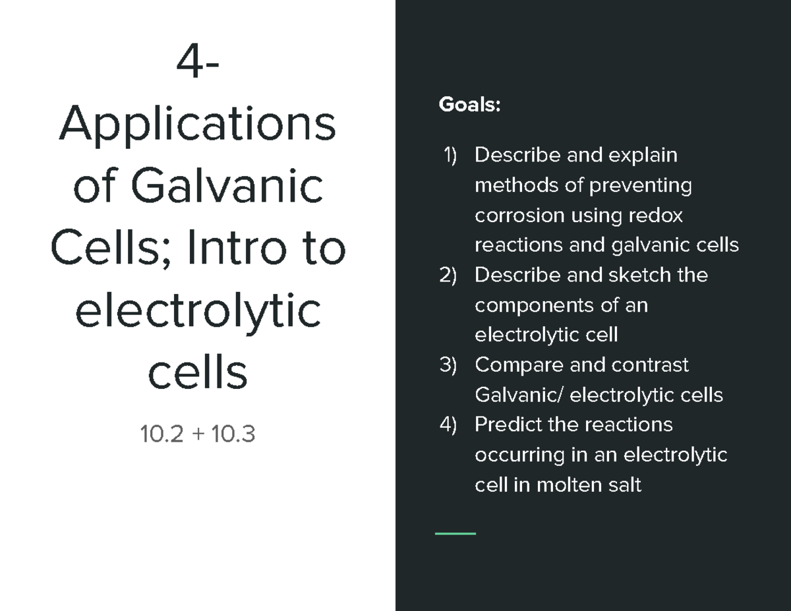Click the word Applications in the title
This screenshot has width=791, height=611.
(197, 125)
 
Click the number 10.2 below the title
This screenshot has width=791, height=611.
(161, 434)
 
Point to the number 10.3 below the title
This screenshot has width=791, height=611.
(233, 434)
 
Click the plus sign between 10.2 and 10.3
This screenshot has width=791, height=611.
(196, 434)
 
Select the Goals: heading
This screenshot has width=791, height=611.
(469, 105)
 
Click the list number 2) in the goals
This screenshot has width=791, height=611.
(448, 275)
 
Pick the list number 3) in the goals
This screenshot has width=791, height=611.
(448, 365)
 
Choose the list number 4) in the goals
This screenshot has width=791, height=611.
(448, 424)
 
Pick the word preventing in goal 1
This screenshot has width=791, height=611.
(639, 186)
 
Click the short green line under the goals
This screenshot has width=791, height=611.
(455, 533)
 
